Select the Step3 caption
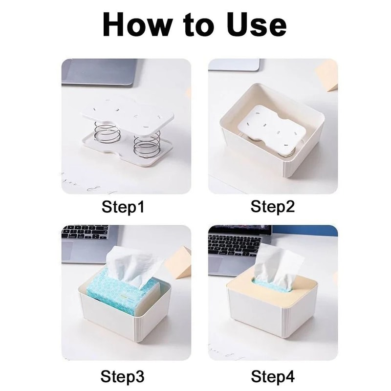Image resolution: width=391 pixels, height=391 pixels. pyautogui.click(x=123, y=376)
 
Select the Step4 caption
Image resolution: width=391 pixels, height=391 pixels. pyautogui.click(x=273, y=376)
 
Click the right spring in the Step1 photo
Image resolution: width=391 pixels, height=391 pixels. pyautogui.click(x=147, y=141)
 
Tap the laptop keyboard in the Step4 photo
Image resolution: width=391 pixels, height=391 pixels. pyautogui.click(x=234, y=244)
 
